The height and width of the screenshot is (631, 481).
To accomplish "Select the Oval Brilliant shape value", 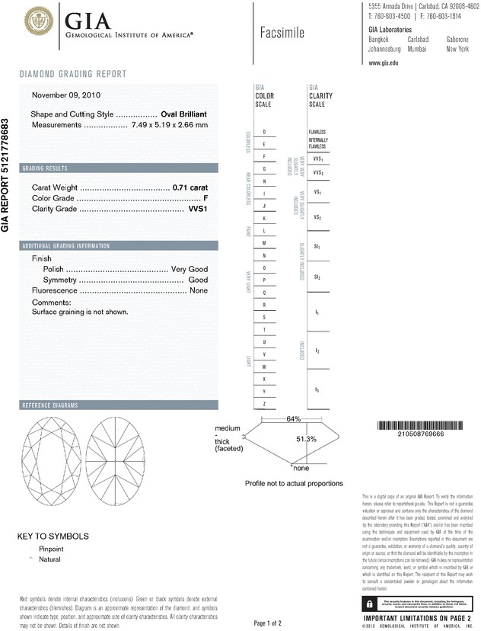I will (x=184, y=114).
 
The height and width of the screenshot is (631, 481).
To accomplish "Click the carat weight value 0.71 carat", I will (x=190, y=187).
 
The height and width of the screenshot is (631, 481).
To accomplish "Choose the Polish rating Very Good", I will (x=189, y=270).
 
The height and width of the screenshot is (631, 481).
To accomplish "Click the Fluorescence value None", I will (x=199, y=290).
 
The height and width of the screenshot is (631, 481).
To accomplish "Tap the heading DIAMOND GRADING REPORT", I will (x=73, y=74).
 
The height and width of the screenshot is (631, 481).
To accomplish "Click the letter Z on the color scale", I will (x=264, y=403).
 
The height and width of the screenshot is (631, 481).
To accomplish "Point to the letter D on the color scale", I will (x=264, y=133).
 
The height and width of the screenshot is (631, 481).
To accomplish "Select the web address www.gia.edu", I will (x=384, y=63).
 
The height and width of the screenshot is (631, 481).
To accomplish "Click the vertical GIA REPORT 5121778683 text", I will (x=6, y=175).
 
